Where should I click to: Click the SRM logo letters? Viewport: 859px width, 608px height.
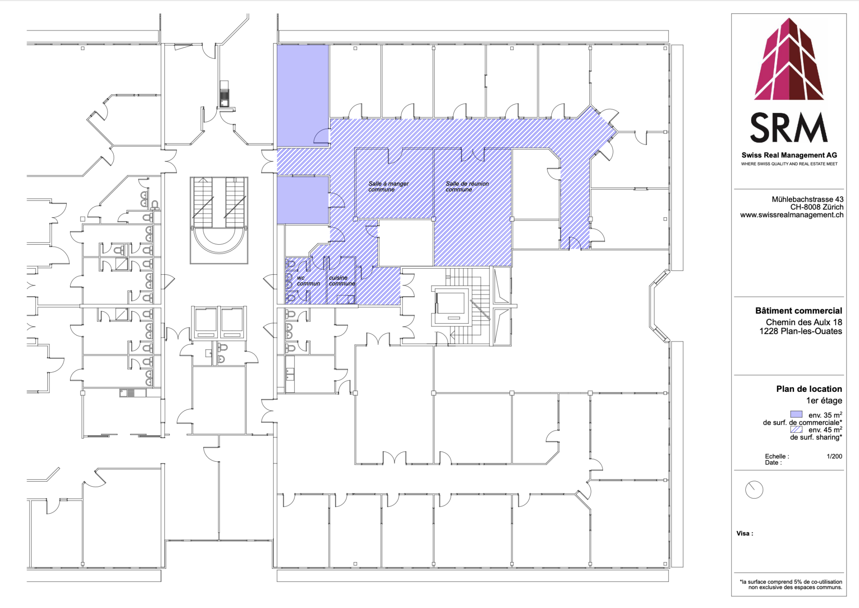[789, 128]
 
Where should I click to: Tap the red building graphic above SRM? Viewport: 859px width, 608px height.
[789, 59]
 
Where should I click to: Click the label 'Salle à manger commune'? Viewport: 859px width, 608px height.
[388, 187]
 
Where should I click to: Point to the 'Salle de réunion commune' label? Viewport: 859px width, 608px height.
[467, 187]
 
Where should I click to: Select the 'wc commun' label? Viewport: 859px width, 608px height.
[308, 281]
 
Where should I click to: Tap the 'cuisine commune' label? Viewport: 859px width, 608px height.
[342, 281]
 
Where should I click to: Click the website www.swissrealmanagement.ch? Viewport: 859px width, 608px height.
[791, 215]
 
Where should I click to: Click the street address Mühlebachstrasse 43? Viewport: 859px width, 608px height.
[807, 199]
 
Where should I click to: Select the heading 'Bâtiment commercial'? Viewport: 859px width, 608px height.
[799, 311]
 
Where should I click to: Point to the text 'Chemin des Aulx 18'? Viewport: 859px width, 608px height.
[804, 322]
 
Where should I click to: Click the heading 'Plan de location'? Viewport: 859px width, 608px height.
[809, 389]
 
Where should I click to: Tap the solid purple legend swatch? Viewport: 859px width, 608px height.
[796, 415]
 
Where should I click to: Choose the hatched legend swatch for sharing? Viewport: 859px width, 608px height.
[796, 429]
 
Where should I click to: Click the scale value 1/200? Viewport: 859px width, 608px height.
[834, 456]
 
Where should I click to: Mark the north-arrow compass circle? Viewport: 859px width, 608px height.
[754, 490]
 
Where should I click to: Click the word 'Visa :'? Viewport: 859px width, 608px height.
[744, 534]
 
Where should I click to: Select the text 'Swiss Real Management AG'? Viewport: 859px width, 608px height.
[789, 155]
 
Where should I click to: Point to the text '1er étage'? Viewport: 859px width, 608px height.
[824, 401]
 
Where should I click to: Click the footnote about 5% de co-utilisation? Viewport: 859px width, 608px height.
[791, 585]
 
